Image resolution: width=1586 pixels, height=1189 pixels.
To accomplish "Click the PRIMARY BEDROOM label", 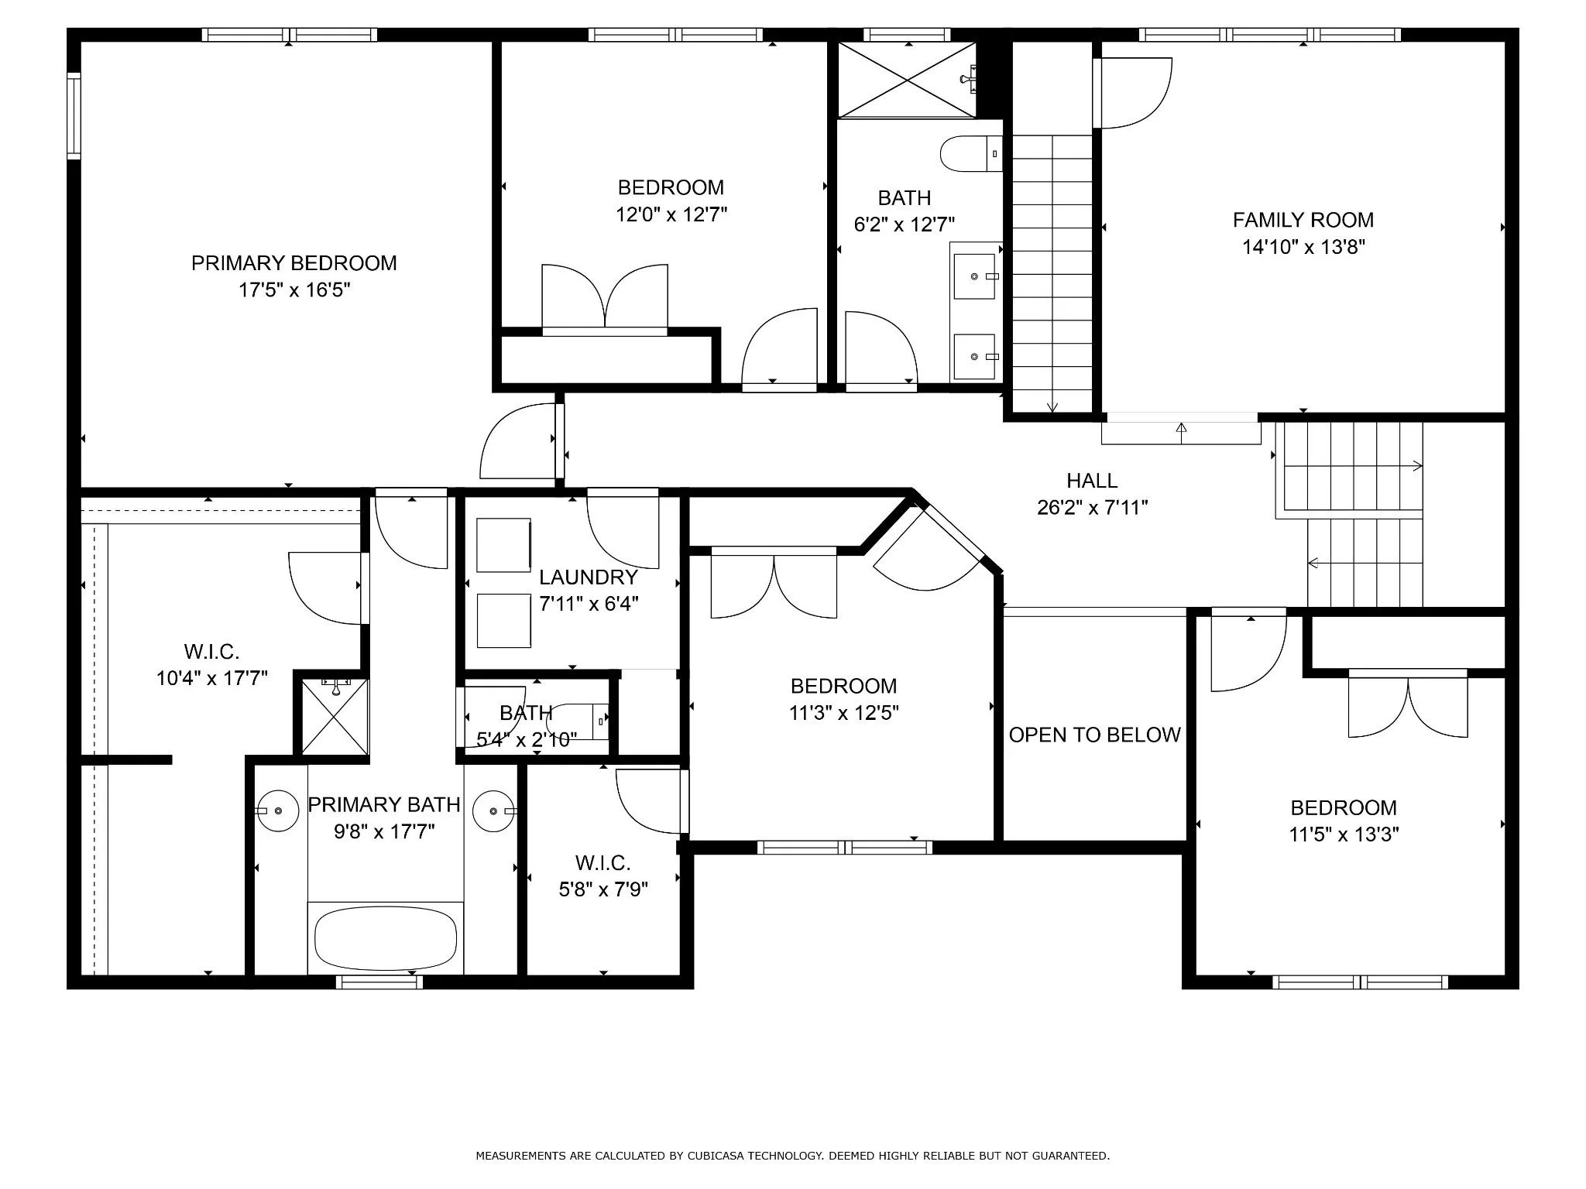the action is (294, 263).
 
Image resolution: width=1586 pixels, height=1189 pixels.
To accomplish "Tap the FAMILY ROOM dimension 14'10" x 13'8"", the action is (1303, 247).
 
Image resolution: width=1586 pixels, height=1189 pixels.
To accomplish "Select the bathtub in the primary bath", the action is (386, 938).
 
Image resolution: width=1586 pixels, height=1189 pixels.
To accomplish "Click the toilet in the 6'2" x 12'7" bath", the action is (971, 154).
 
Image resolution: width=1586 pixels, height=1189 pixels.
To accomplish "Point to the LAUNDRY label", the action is (589, 577).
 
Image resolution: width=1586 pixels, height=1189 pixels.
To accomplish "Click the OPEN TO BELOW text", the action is (1094, 735).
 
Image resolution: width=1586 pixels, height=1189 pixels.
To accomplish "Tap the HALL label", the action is (1092, 481).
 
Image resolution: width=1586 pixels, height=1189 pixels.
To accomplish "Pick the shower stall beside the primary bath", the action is (335, 715).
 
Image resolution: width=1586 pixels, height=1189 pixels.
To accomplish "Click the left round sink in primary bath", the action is (277, 810).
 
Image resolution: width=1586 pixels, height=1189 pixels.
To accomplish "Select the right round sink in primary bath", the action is (493, 810).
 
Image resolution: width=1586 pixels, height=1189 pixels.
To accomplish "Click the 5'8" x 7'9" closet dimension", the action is (603, 889).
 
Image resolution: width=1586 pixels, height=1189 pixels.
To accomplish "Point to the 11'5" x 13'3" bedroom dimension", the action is (1344, 834).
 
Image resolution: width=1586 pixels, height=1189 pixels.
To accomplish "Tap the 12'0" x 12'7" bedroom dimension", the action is (671, 214).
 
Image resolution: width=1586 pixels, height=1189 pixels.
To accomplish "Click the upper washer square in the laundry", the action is (503, 545).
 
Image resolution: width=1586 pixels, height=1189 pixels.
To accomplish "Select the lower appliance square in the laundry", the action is (503, 620).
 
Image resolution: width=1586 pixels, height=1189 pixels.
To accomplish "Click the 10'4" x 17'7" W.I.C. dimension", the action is (212, 679).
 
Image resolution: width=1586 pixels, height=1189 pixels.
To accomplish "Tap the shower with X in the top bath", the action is (907, 80).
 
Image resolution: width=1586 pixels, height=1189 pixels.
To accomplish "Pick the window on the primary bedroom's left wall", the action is (74, 116).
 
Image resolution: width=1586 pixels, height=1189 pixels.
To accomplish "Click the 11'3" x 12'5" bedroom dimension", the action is (843, 712).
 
